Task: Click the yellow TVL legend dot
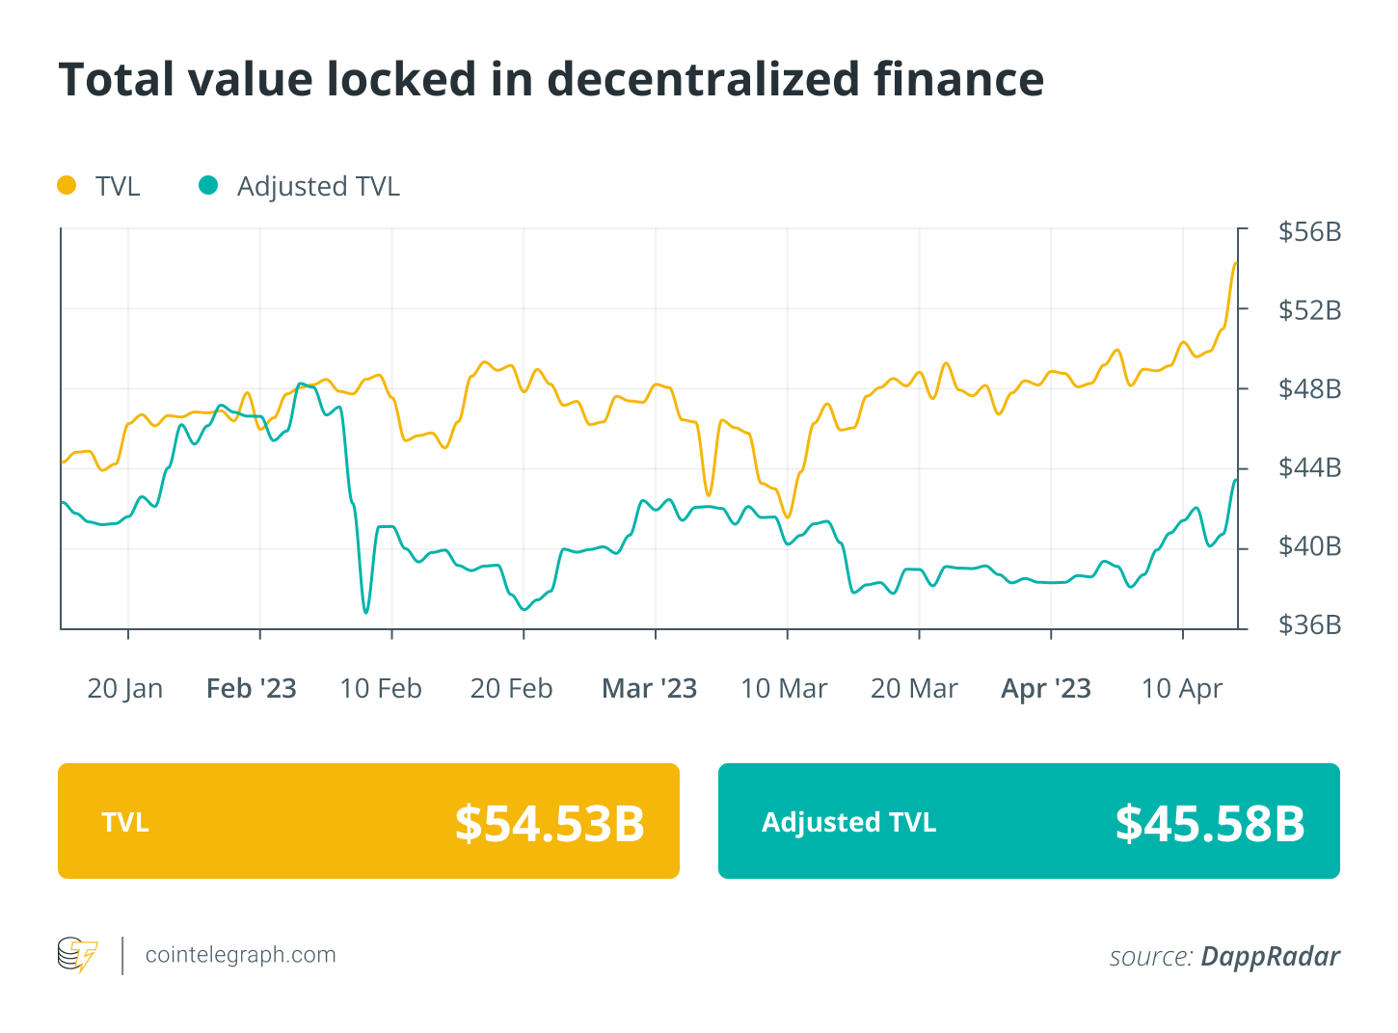pyautogui.click(x=67, y=185)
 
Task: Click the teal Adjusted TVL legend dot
pyautogui.click(x=208, y=185)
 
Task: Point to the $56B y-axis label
pyautogui.click(x=1309, y=232)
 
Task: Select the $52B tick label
pyautogui.click(x=1309, y=310)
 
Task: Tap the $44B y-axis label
pyautogui.click(x=1309, y=468)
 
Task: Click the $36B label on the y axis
pyautogui.click(x=1309, y=625)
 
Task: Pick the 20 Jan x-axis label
pyautogui.click(x=124, y=689)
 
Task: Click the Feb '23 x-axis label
pyautogui.click(x=252, y=689)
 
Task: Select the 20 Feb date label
pyautogui.click(x=511, y=689)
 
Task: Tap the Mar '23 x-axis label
pyautogui.click(x=649, y=689)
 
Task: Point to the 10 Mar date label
pyautogui.click(x=784, y=689)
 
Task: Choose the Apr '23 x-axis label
pyautogui.click(x=1046, y=689)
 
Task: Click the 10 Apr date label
pyautogui.click(x=1181, y=689)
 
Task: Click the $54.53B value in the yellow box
pyautogui.click(x=550, y=823)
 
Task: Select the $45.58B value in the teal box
pyautogui.click(x=1210, y=823)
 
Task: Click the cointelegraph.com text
pyautogui.click(x=240, y=955)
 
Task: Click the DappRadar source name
pyautogui.click(x=1270, y=956)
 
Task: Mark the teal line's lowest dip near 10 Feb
pyautogui.click(x=365, y=612)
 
